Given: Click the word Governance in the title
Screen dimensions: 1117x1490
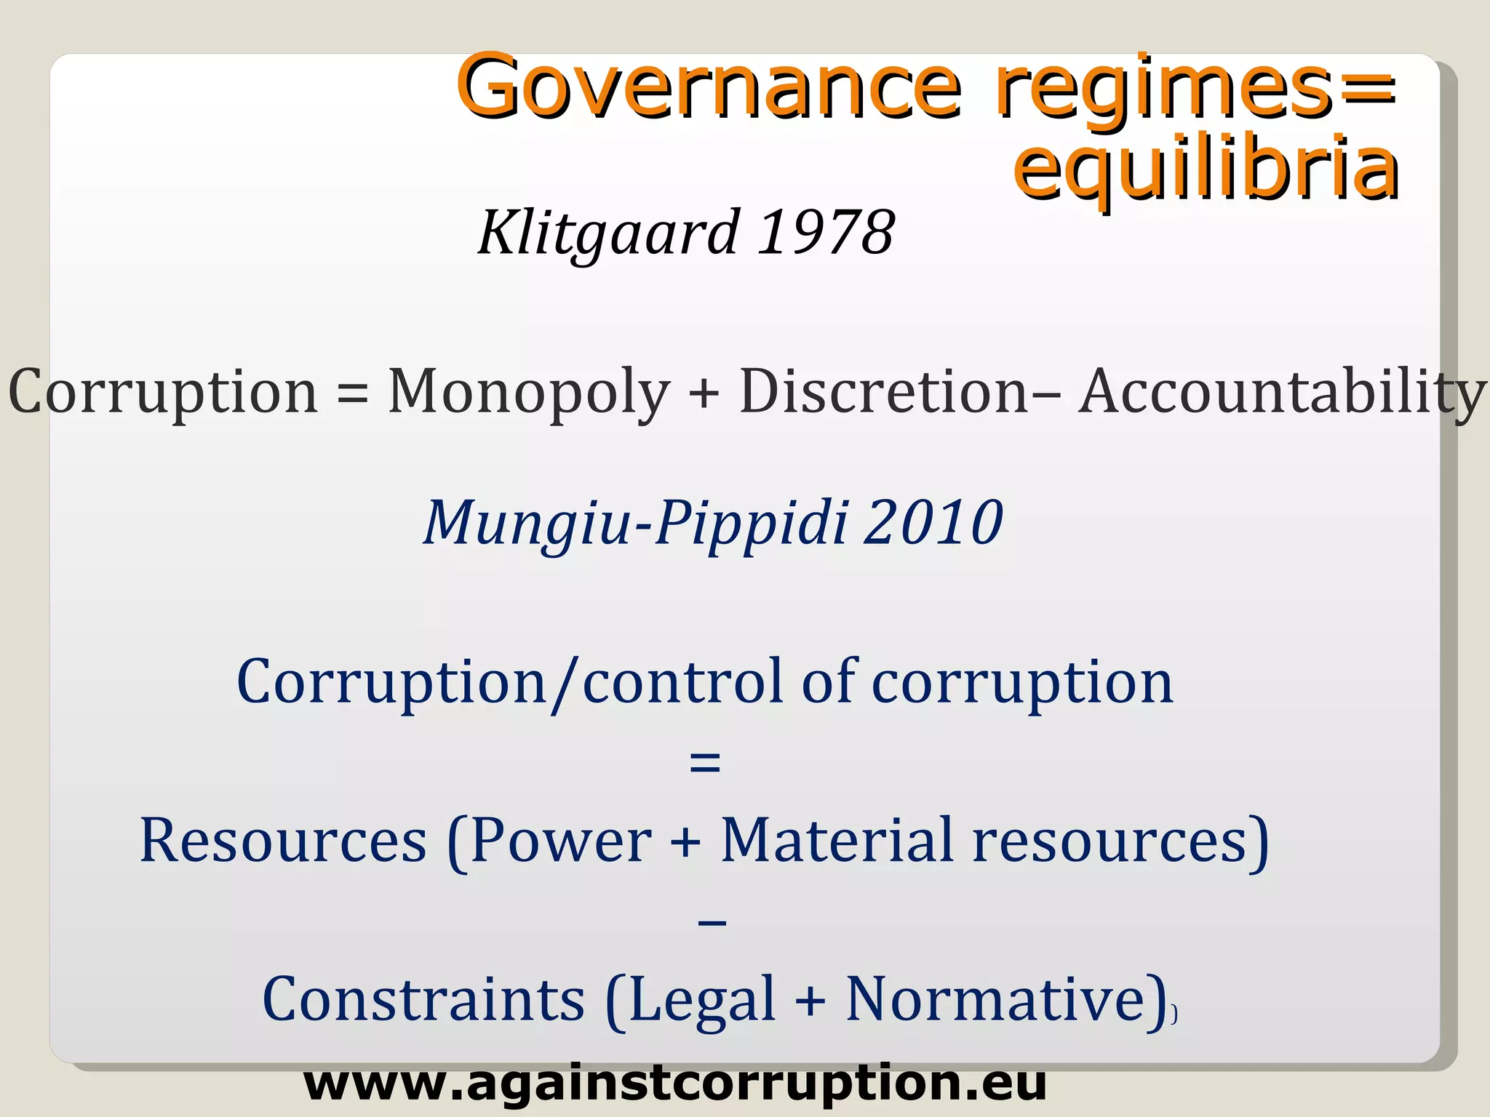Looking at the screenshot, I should pyautogui.click(x=709, y=87).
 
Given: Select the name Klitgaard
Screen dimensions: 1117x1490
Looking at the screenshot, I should pyautogui.click(x=608, y=233).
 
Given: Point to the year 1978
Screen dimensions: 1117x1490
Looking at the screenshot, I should pyautogui.click(x=826, y=233).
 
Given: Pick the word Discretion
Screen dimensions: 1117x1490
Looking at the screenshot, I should pyautogui.click(x=883, y=393).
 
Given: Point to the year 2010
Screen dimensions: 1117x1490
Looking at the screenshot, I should pyautogui.click(x=933, y=522).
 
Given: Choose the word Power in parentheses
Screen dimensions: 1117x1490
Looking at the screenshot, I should pyautogui.click(x=561, y=841).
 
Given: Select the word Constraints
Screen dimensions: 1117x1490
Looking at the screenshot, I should pyautogui.click(x=423, y=1000).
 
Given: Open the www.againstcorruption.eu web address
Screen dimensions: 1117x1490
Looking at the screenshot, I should pyautogui.click(x=674, y=1084).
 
